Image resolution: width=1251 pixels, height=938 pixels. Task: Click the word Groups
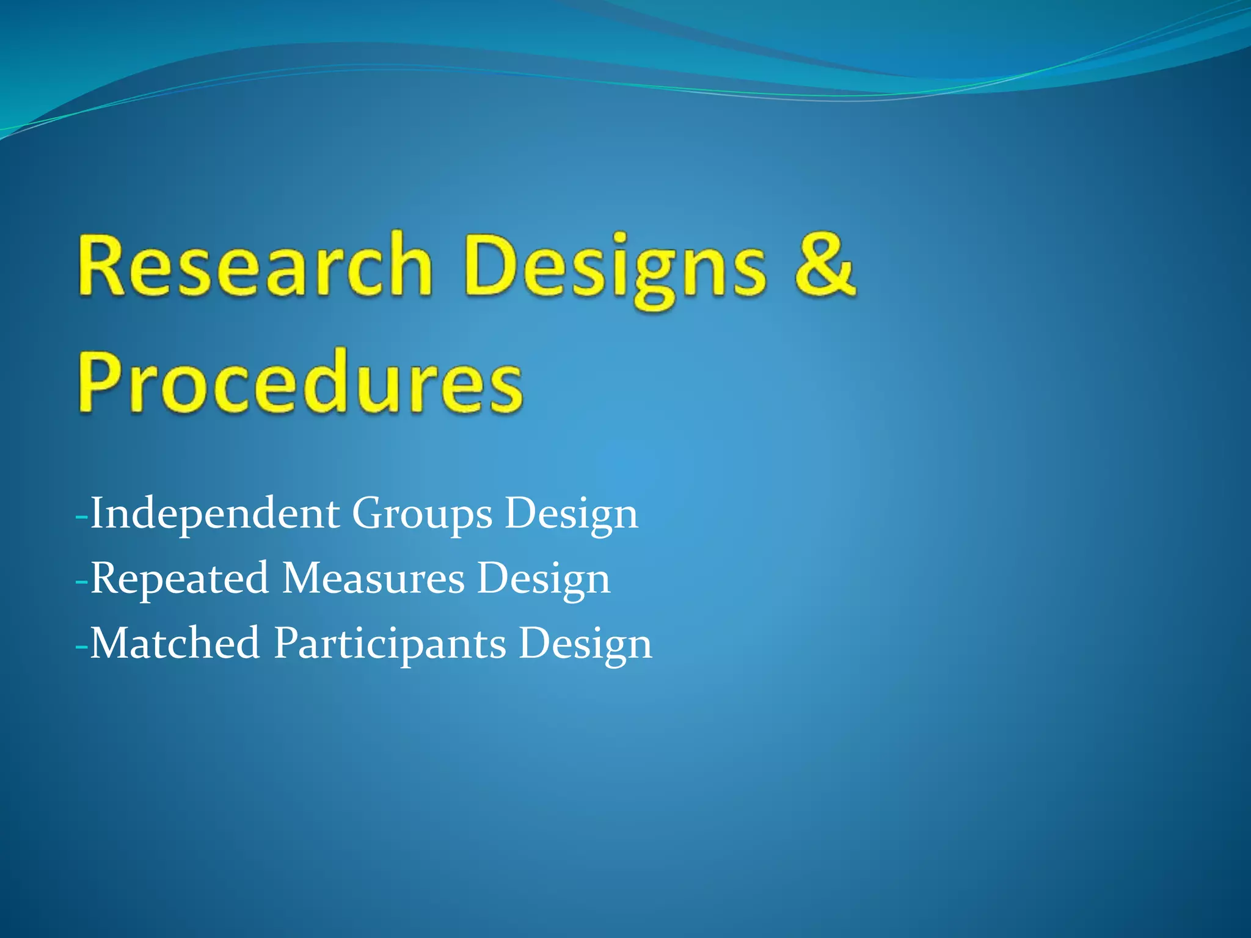[421, 515]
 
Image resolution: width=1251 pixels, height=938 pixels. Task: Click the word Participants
[390, 645]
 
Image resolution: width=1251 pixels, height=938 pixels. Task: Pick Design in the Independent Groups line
[571, 515]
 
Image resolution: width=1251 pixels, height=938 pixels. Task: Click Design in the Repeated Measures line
[543, 580]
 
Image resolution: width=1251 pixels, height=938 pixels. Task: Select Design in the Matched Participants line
[585, 645]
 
